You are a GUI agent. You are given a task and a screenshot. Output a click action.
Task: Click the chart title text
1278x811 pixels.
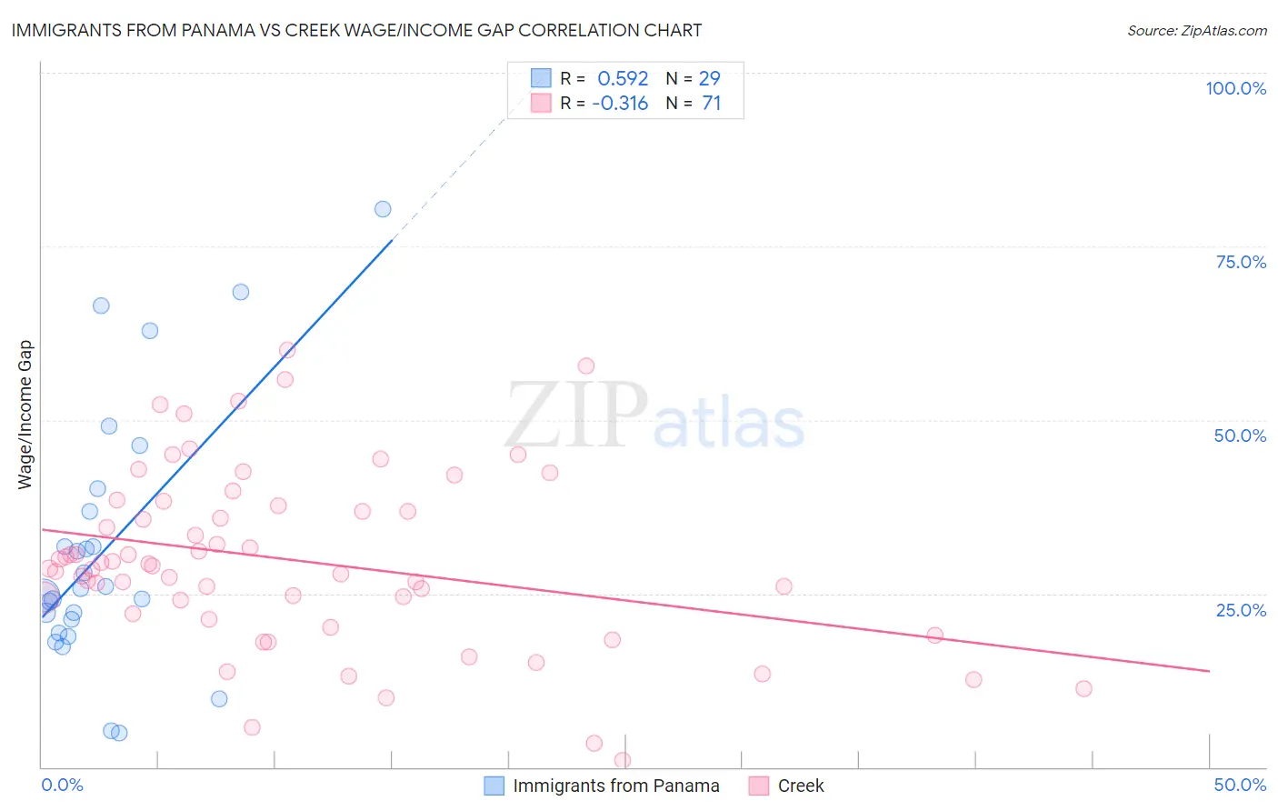click(356, 30)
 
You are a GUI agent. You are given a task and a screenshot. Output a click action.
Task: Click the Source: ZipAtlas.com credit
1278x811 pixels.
click(1196, 30)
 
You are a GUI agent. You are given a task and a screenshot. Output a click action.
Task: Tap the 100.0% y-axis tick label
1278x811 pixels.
click(1235, 88)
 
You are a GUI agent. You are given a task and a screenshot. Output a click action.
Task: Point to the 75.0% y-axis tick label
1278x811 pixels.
click(1241, 262)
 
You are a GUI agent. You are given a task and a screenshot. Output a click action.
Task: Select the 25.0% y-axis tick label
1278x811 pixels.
click(1241, 610)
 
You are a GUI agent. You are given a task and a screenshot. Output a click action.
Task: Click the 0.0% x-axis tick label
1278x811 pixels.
click(62, 785)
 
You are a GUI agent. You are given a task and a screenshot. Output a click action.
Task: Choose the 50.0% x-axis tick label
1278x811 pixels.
click(1240, 785)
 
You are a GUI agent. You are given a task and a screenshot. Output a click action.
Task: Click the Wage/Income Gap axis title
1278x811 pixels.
click(25, 415)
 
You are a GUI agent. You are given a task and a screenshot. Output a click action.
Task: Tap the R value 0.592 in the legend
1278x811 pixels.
click(623, 79)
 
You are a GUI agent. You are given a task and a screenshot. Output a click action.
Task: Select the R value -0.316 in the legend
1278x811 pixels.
click(620, 104)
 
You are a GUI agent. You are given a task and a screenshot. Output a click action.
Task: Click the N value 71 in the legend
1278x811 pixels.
click(712, 104)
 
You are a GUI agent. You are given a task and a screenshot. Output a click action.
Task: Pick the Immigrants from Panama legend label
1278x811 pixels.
click(615, 786)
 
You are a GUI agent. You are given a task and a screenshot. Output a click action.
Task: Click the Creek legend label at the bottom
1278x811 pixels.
click(800, 786)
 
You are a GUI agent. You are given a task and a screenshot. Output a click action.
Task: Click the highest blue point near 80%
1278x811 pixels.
click(383, 209)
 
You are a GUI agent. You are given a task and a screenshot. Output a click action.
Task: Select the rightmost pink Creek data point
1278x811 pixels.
click(1083, 688)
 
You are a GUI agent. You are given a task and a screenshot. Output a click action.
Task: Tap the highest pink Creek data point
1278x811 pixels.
click(287, 350)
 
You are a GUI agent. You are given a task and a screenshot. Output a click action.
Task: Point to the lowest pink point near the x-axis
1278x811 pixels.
click(623, 760)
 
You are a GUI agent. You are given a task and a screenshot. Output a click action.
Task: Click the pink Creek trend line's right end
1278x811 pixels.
click(1209, 671)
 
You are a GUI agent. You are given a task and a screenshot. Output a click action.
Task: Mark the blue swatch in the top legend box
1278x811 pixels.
click(541, 78)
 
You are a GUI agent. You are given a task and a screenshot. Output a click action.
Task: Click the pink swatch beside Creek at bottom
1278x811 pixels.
click(758, 786)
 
